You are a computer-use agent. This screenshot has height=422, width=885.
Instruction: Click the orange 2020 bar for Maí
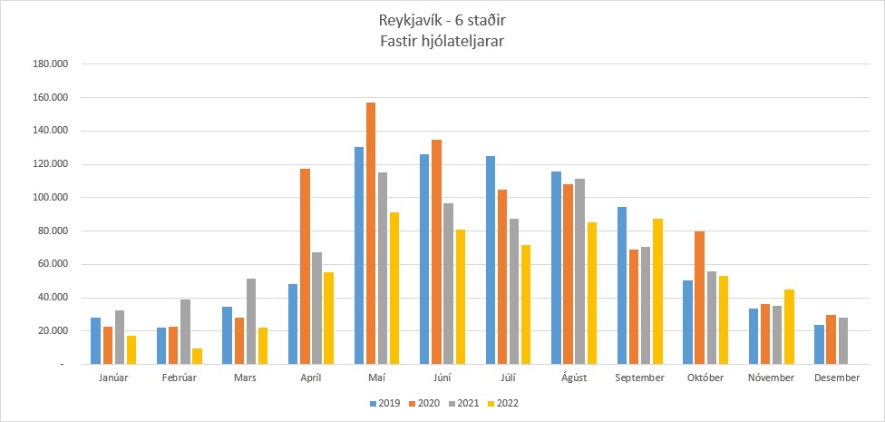point(371,233)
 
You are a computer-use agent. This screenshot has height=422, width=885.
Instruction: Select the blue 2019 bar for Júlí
point(491,260)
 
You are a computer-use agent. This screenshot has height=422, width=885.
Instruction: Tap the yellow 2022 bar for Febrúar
point(197,357)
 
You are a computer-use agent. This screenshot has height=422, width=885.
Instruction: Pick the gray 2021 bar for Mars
point(250,321)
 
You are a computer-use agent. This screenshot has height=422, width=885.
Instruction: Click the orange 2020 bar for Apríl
point(306,267)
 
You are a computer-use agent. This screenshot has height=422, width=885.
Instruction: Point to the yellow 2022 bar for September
point(657,291)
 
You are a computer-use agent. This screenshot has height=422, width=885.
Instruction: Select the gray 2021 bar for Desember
point(843,341)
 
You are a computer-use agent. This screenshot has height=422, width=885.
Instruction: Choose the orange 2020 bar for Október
point(699,298)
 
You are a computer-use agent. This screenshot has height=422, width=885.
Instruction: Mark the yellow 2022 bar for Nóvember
point(789,327)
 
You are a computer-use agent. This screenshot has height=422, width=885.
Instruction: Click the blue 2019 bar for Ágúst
point(557,268)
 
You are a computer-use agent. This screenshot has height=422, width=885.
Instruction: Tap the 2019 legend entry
point(385,403)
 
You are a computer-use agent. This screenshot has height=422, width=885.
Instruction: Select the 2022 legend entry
point(502,403)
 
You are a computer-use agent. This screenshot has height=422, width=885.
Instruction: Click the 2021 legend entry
point(463,403)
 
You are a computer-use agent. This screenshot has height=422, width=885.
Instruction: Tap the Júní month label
point(442,378)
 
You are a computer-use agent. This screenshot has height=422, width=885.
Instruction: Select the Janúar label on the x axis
point(112,378)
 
